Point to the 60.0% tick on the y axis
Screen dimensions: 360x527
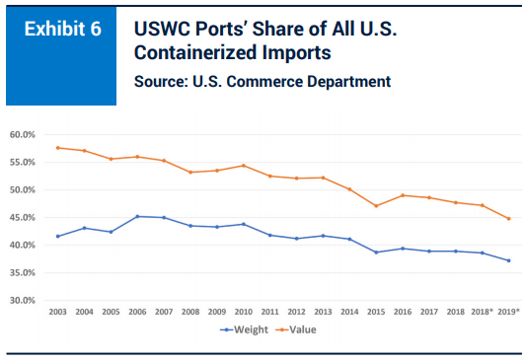point(22,134)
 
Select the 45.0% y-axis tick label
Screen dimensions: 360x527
point(22,217)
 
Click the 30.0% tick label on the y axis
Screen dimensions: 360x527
point(22,300)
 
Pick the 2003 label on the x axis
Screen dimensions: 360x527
point(58,311)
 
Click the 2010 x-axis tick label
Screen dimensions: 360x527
point(243,311)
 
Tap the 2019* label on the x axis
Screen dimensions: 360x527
point(507,311)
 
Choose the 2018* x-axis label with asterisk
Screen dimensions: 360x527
point(482,311)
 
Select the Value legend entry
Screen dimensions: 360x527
point(305,330)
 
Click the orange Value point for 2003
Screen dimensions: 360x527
point(58,147)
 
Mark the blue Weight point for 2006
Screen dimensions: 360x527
point(137,216)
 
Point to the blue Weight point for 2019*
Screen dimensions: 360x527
point(507,260)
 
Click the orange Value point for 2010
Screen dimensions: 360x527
point(243,165)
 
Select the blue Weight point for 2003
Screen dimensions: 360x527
point(58,236)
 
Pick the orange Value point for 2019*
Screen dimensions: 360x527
point(507,218)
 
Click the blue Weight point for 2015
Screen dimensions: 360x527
point(375,252)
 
